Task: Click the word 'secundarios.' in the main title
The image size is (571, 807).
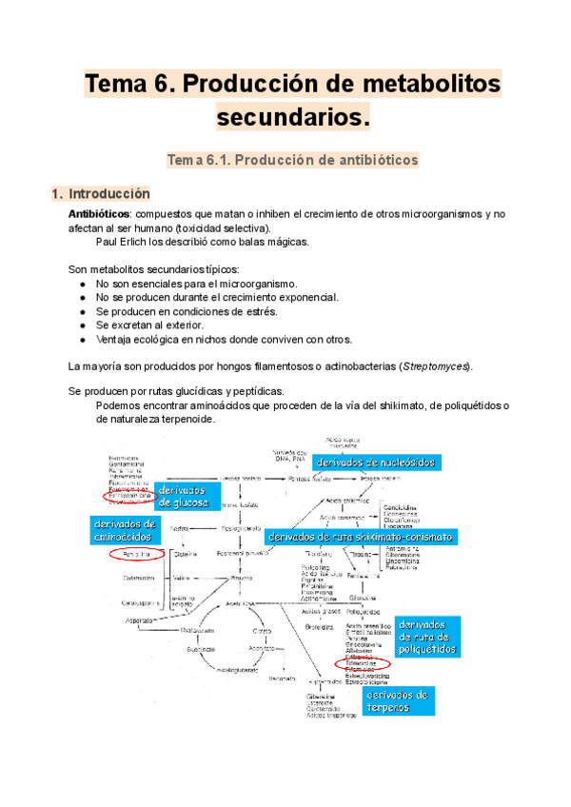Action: click(x=291, y=117)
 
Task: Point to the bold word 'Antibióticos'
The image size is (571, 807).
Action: click(x=100, y=215)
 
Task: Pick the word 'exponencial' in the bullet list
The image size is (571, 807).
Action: click(x=306, y=298)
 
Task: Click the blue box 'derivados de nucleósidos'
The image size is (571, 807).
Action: click(x=376, y=462)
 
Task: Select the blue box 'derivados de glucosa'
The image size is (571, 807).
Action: click(x=185, y=497)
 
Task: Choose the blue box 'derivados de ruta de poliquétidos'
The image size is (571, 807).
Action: click(x=427, y=636)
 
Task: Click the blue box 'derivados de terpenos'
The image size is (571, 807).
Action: click(x=398, y=700)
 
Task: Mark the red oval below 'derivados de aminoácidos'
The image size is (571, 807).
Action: click(x=129, y=553)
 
